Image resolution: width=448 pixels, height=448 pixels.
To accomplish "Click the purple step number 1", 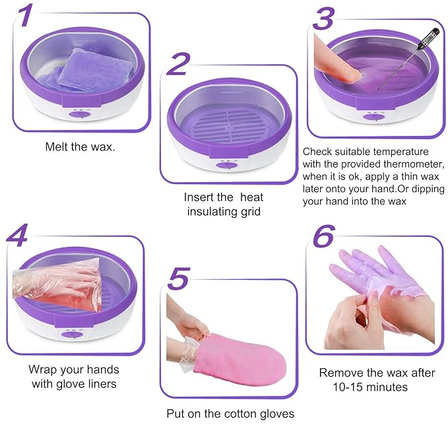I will point(24,15).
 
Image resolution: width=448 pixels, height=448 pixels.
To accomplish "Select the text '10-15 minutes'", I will point(369,387).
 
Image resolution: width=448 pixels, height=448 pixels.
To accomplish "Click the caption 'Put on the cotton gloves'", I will point(230,414).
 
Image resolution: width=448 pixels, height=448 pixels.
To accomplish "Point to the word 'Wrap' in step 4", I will point(43,369).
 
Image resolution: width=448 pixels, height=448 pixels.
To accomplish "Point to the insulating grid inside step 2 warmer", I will point(226,125).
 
